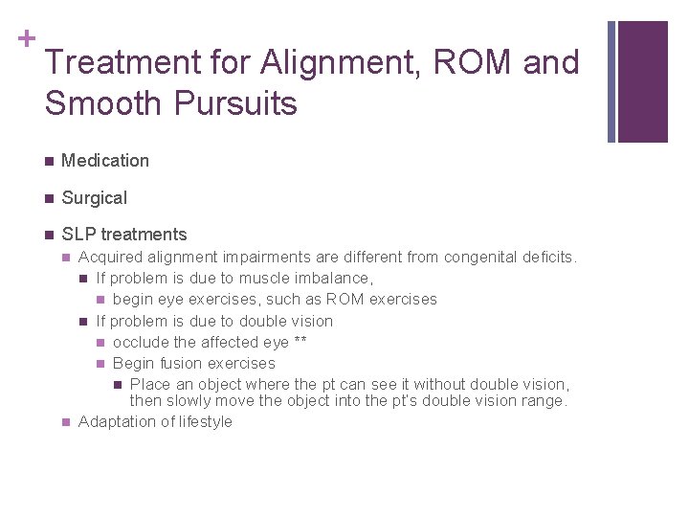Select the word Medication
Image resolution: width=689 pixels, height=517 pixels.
[x=105, y=161]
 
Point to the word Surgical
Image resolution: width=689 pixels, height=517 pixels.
[x=94, y=198]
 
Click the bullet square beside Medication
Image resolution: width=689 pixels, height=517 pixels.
[x=47, y=161]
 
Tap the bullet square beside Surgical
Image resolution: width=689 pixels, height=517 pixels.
[x=47, y=198]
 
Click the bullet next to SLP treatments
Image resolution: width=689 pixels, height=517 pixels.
[x=47, y=235]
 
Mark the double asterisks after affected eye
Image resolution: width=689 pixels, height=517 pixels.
[x=300, y=342]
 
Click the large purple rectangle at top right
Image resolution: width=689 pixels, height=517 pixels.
[x=642, y=81]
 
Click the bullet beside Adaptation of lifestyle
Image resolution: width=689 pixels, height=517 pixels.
[x=65, y=422]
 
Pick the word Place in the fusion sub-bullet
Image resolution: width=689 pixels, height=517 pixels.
[x=149, y=385]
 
